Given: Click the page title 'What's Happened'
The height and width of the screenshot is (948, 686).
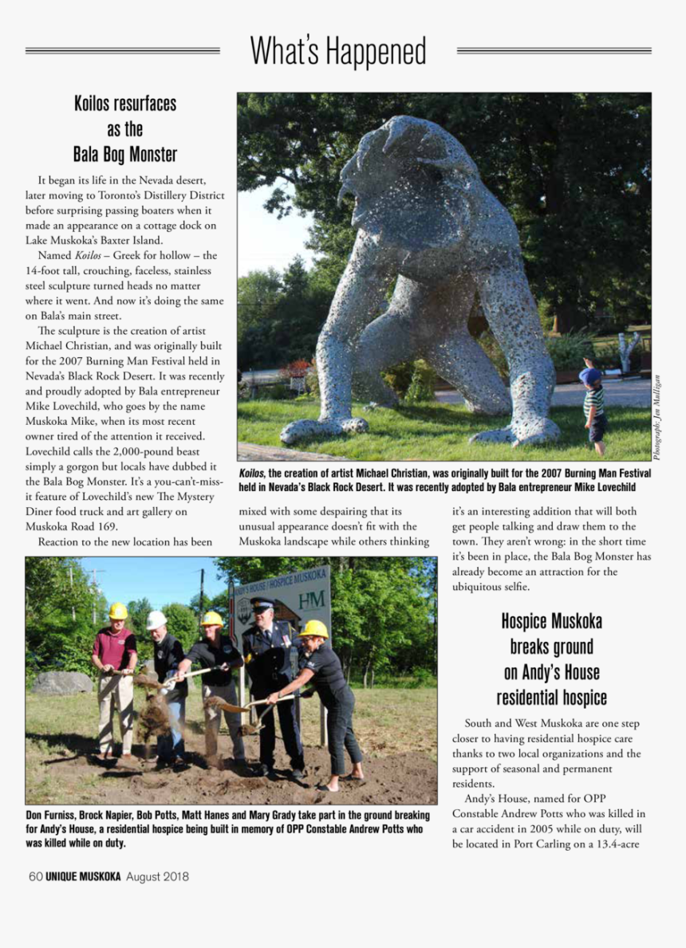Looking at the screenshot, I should [338, 52].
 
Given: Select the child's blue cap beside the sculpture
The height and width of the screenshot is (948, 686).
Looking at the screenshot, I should [590, 375].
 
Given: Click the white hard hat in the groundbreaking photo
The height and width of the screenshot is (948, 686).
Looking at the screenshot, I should [157, 620].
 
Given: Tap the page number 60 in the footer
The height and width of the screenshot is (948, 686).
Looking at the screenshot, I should [34, 877].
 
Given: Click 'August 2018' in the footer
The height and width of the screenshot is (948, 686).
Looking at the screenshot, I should [157, 877].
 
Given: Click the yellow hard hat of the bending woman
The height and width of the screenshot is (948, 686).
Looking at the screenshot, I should [313, 628].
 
